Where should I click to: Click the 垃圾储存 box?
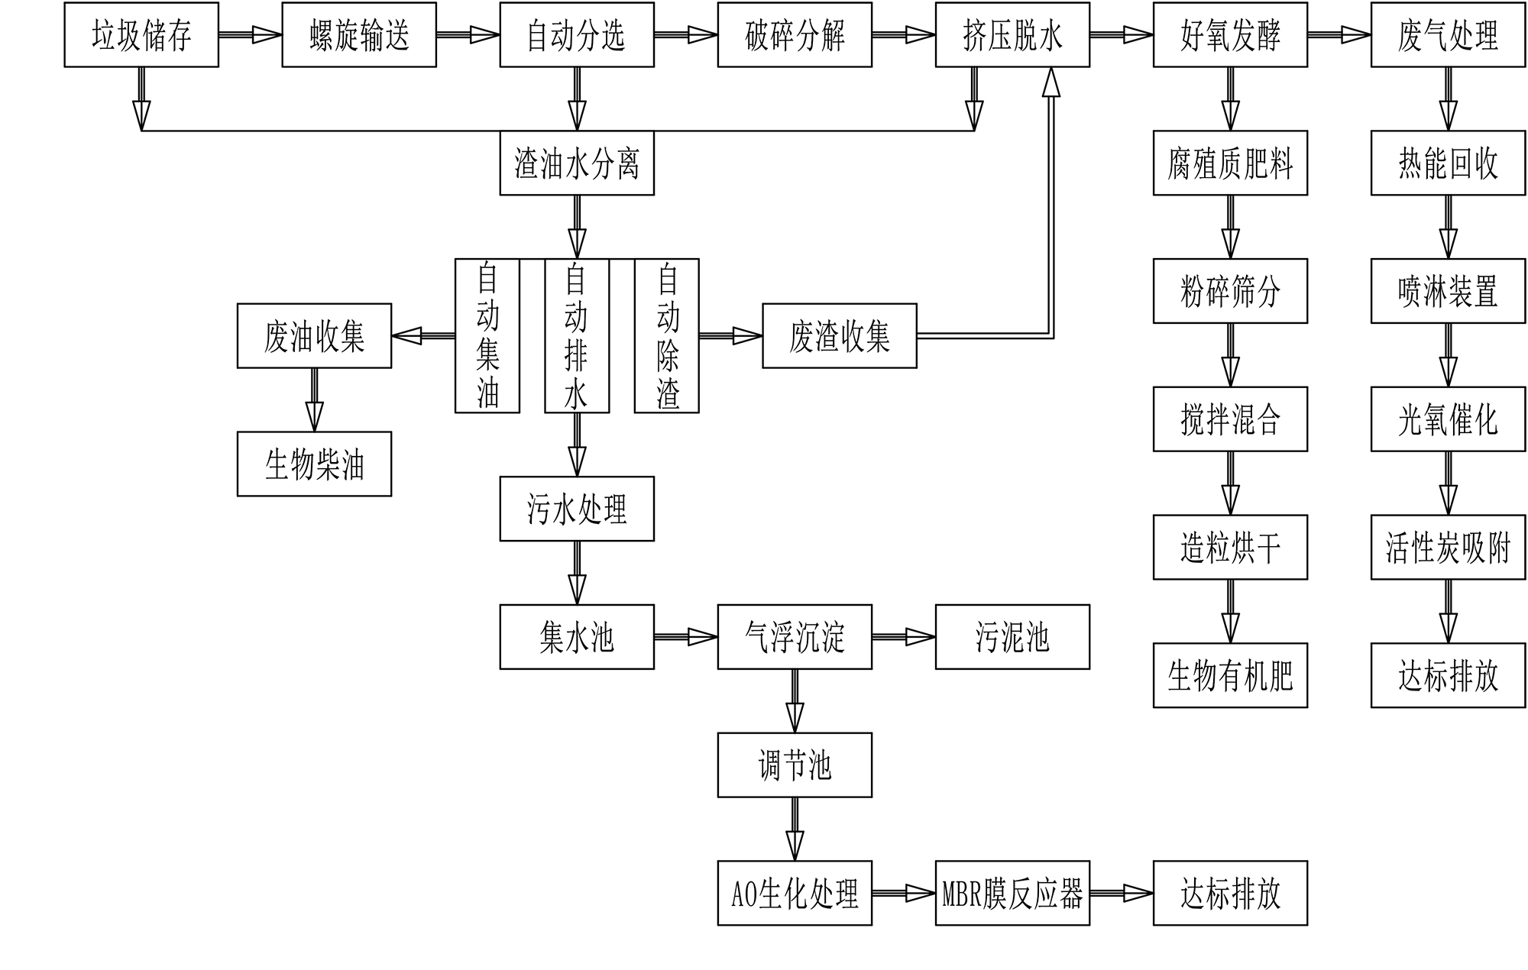click(141, 34)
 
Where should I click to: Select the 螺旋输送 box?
click(359, 34)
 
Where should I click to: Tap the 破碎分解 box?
click(795, 34)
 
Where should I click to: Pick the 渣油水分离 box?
click(577, 163)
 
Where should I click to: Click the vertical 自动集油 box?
click(487, 336)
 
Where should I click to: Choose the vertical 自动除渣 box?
click(667, 336)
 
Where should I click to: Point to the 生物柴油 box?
click(314, 464)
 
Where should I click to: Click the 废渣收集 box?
click(840, 336)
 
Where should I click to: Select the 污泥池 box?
click(1012, 637)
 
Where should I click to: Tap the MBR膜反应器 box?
click(1012, 894)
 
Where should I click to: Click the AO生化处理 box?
click(795, 894)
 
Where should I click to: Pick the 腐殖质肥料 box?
click(1230, 163)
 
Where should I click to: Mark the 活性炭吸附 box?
click(1448, 547)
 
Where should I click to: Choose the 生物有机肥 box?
click(1230, 675)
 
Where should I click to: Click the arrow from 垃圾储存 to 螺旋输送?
click(250, 34)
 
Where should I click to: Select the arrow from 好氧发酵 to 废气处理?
click(1339, 34)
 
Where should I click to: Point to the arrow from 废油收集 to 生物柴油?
click(314, 399)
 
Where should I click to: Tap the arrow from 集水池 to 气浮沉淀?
click(685, 637)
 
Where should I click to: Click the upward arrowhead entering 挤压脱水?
click(1051, 82)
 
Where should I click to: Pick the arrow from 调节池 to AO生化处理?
click(795, 829)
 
